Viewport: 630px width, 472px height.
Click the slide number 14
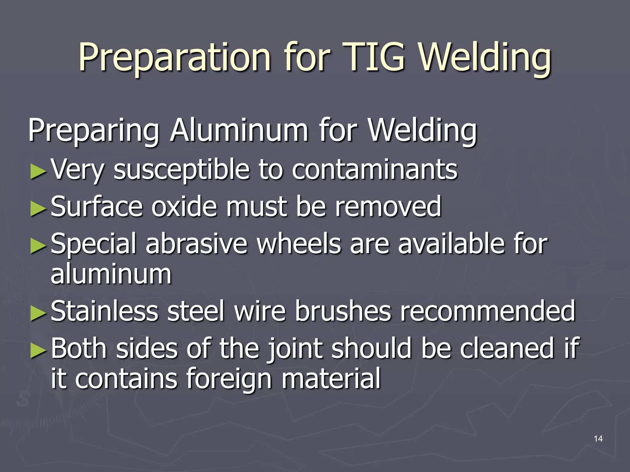tap(598, 439)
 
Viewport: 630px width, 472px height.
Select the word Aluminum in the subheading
tap(239, 130)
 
